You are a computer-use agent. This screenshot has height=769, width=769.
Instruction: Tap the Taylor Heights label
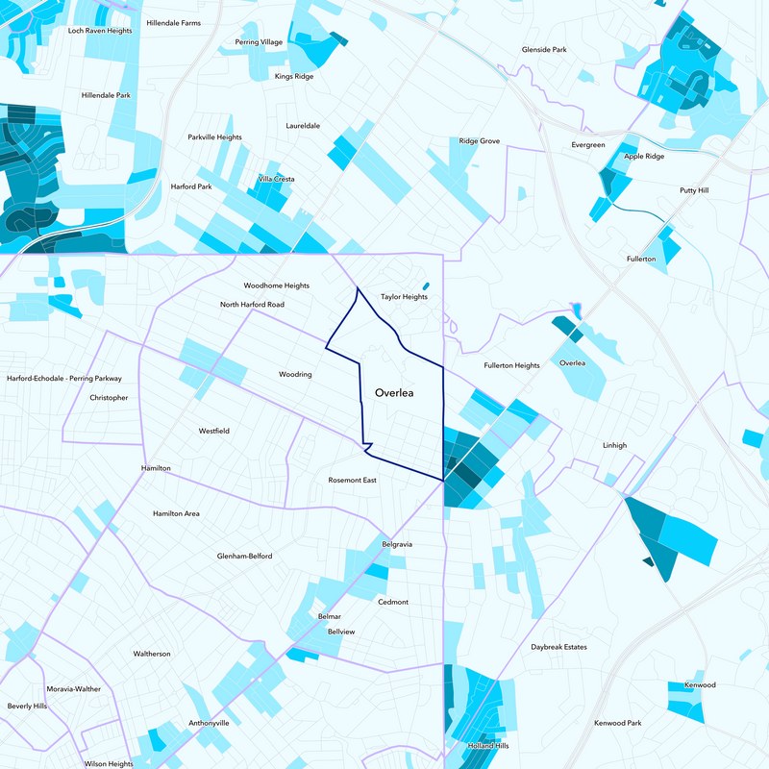(x=404, y=297)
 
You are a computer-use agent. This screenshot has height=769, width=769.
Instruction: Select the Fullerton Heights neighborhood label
(x=511, y=365)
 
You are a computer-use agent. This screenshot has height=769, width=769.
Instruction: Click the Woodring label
(x=295, y=374)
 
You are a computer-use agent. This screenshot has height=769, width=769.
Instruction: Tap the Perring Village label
(x=259, y=42)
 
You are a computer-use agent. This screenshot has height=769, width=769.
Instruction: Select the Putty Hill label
(x=693, y=190)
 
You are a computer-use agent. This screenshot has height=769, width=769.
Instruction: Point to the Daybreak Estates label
(x=558, y=647)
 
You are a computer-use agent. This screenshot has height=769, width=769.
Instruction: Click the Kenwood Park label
(x=617, y=722)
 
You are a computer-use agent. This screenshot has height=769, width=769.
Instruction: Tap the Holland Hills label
(x=487, y=746)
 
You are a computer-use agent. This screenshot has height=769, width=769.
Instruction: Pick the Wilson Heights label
(x=109, y=763)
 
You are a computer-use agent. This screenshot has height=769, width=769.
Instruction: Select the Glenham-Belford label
(x=244, y=556)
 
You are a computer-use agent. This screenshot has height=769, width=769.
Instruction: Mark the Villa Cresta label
(x=276, y=179)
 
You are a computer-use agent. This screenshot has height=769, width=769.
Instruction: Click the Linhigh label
(x=614, y=445)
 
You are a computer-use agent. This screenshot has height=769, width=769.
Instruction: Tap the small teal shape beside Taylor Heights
(x=425, y=285)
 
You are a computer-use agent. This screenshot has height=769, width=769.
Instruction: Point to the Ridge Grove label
(x=479, y=141)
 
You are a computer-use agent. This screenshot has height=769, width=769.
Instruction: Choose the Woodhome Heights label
(x=276, y=285)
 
